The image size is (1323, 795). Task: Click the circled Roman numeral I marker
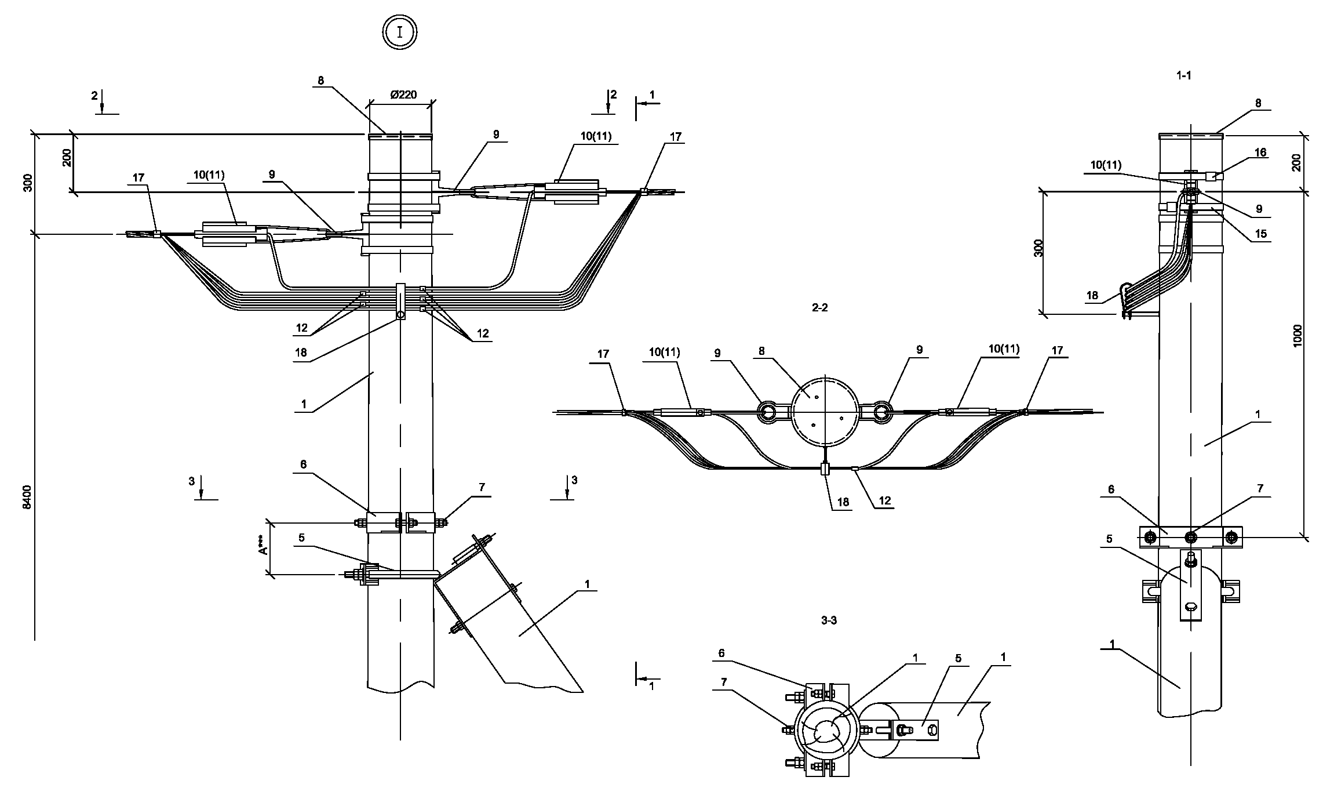tap(400, 32)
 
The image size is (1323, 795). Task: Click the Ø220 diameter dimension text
tap(403, 95)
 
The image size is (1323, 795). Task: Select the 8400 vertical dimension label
tap(27, 498)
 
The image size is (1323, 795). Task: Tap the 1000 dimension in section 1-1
tap(1297, 336)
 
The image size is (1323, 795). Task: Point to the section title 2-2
tap(819, 308)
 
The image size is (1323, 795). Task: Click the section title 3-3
tap(829, 620)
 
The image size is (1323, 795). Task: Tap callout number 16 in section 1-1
tap(1260, 153)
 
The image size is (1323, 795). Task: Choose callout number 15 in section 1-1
tap(1260, 234)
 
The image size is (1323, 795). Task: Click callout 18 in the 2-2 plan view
tap(843, 502)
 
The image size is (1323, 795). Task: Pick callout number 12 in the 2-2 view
tap(884, 500)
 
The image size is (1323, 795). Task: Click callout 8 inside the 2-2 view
tap(761, 351)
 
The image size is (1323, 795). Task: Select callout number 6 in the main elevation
tap(303, 464)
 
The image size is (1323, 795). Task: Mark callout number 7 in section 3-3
tap(723, 681)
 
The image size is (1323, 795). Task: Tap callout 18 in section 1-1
tap(1092, 296)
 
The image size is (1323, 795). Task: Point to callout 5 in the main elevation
tap(301, 538)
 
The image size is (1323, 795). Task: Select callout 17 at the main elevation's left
tap(139, 177)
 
